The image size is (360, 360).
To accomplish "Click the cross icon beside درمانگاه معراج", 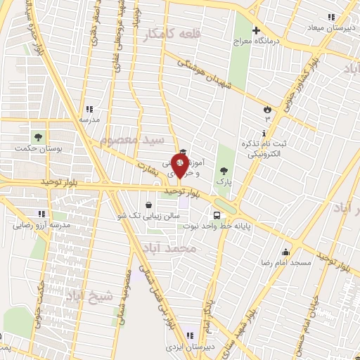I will click(x=257, y=30).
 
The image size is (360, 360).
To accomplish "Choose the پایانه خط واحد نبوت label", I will click(x=237, y=227).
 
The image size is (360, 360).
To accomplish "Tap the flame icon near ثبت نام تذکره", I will click(x=267, y=109).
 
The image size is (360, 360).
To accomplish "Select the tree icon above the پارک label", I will click(x=224, y=170).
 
